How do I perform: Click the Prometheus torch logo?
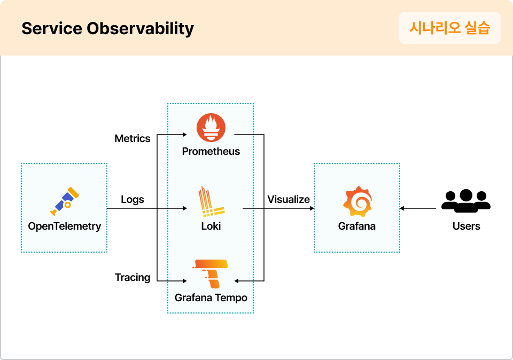coord(211,128)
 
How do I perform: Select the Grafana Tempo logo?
coord(211,273)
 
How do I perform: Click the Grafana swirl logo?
coord(357,201)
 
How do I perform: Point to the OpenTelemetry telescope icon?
coord(64,201)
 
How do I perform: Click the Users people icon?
coord(466,201)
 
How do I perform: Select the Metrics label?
coord(133,139)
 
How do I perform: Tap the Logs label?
coord(133,200)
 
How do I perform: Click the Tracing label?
coord(133,278)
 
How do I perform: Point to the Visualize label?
coord(289,200)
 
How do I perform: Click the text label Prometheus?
coord(211,152)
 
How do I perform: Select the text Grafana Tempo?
coord(211,298)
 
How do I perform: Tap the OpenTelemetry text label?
coord(64,226)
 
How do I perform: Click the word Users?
coord(466,226)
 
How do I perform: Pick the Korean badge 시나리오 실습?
coord(449,28)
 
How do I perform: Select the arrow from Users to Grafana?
coord(418,208)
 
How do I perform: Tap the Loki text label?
coord(211,226)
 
